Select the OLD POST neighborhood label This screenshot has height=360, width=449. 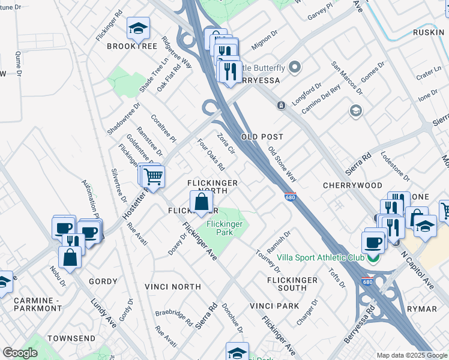pyautogui.click(x=262, y=137)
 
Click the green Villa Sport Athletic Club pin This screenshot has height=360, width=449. pyautogui.click(x=373, y=258)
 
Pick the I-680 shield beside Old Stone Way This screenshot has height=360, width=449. pyautogui.click(x=291, y=197)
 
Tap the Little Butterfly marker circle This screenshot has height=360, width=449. pyautogui.click(x=295, y=67)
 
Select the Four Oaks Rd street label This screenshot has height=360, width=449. pyautogui.click(x=211, y=155)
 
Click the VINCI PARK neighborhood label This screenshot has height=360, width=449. pyautogui.click(x=274, y=305)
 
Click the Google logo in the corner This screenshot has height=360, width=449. pyautogui.click(x=20, y=353)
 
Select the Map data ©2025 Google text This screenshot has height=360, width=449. pyautogui.click(x=405, y=355)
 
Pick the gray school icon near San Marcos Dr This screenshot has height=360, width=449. pyautogui.click(x=356, y=110)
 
